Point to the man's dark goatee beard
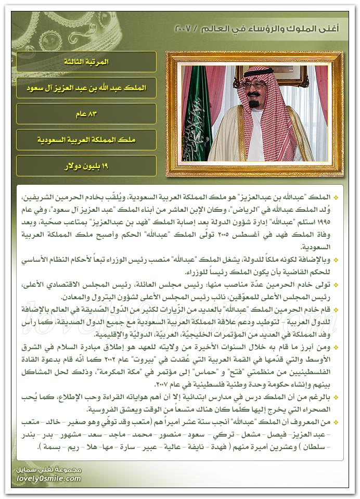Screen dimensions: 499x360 [x=254, y=104]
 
